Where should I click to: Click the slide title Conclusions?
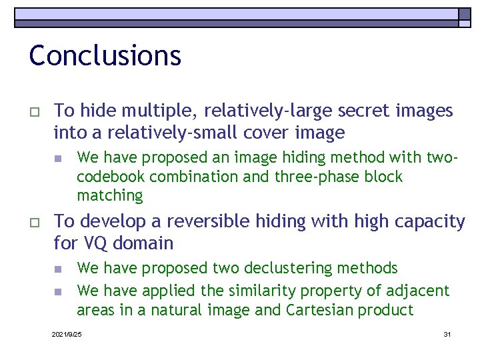pyautogui.click(x=105, y=55)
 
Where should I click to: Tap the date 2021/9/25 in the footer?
pyautogui.click(x=67, y=333)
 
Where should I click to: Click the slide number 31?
pyautogui.click(x=447, y=333)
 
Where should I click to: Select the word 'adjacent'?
pyautogui.click(x=422, y=291)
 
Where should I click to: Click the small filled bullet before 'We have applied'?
pyautogui.click(x=58, y=291)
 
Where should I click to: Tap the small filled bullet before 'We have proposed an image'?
pyautogui.click(x=58, y=159)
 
